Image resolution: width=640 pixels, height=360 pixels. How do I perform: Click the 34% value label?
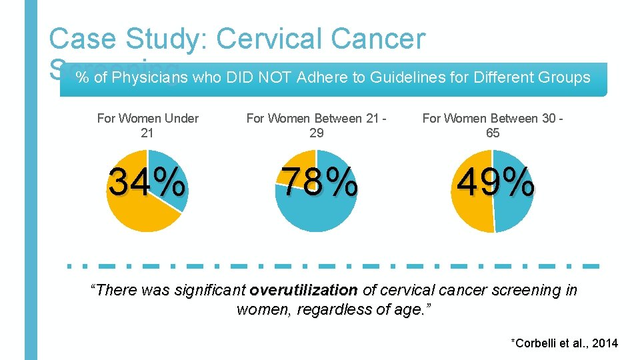tap(147, 182)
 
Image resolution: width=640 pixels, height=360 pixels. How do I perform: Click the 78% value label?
tap(317, 182)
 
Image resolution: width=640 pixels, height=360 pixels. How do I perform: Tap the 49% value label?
tap(493, 182)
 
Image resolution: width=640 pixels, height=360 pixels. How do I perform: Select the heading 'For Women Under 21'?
tap(147, 125)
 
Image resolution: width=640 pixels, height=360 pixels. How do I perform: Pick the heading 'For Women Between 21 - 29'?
tap(317, 125)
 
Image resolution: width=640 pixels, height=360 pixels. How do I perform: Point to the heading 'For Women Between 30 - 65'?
tap(493, 125)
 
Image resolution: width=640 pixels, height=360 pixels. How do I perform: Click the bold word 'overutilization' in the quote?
tap(303, 291)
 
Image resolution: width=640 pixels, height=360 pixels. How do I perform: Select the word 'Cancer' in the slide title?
tap(383, 39)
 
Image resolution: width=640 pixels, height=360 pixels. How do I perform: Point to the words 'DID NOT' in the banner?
tap(257, 78)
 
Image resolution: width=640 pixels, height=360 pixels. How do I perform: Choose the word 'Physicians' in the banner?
tap(150, 78)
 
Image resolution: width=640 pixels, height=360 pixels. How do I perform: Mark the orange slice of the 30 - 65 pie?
tap(467, 200)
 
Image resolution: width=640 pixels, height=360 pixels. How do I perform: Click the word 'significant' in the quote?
tap(211, 291)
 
